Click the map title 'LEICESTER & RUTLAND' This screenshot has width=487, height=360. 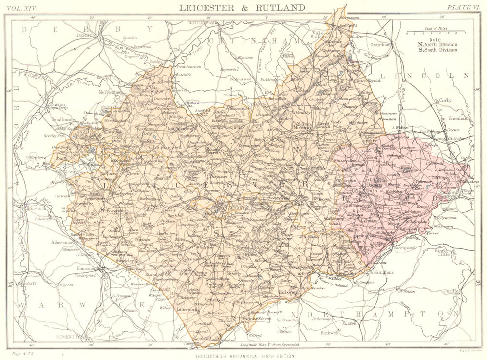coord(242,7)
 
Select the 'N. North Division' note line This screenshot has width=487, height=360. coord(438,45)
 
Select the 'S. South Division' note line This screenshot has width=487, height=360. coord(438,50)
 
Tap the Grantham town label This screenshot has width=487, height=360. coord(380,44)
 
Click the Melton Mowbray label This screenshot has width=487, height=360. coord(304,126)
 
